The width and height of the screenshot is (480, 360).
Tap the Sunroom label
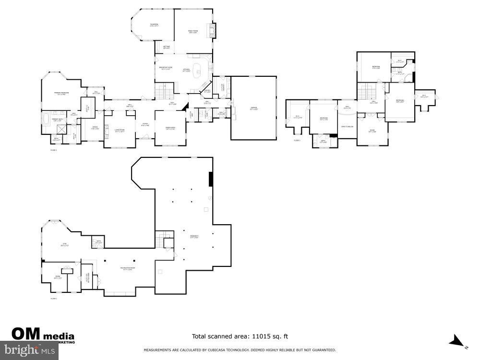pos(154,25)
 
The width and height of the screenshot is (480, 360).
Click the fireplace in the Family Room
pos(215,31)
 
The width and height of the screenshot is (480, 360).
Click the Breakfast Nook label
pos(166,68)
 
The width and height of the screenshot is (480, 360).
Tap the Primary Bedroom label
pos(61,93)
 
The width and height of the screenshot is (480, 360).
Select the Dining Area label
pos(170,128)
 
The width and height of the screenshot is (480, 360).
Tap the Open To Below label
pos(347,126)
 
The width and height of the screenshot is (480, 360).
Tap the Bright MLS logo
pos(29,350)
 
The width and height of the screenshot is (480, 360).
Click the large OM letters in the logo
pos(26,333)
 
